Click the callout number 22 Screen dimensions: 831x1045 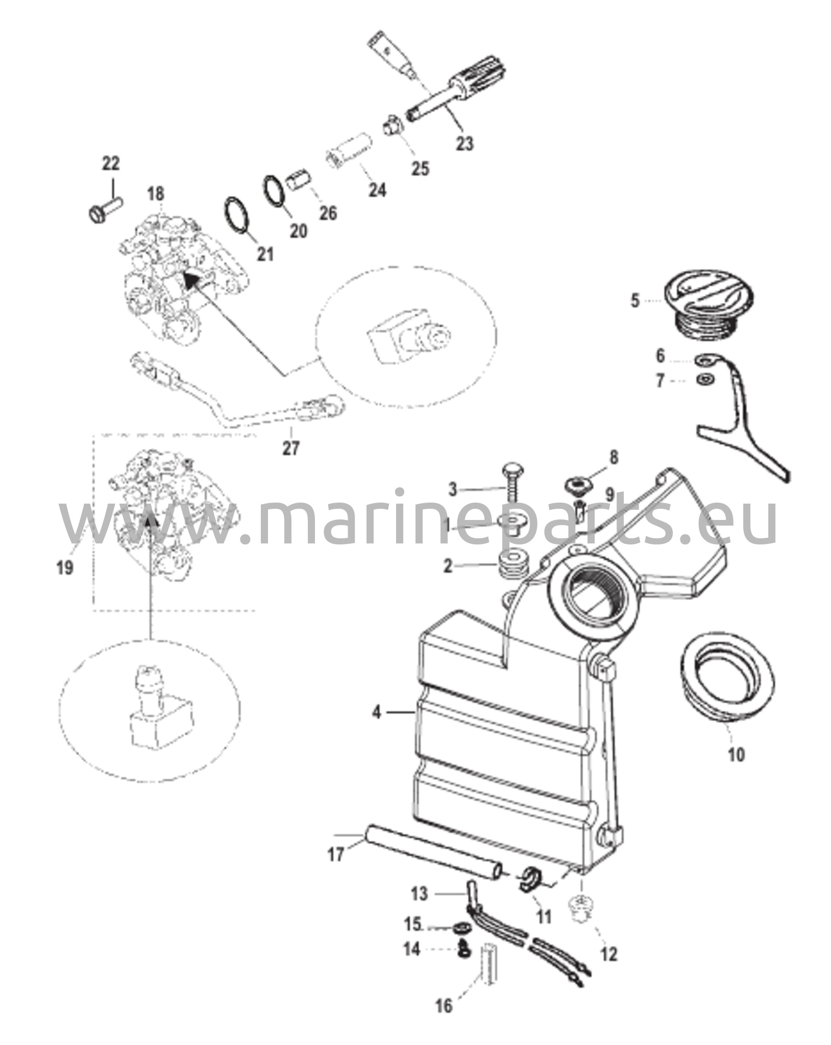click(111, 164)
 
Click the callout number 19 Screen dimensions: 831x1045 click(65, 567)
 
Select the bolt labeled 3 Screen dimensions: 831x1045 click(510, 483)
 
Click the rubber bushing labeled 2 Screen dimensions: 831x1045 click(512, 564)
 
